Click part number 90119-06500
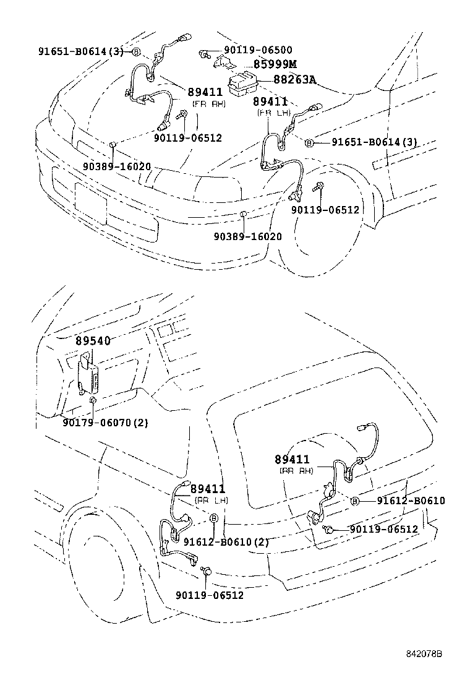pos(258,50)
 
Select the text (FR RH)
pos(208,104)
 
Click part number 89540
pos(93,341)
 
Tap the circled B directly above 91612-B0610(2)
pos(214,518)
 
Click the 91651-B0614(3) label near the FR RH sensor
pos(80,51)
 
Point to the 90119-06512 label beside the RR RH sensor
pos(383,530)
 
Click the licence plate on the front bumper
pos(90,202)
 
